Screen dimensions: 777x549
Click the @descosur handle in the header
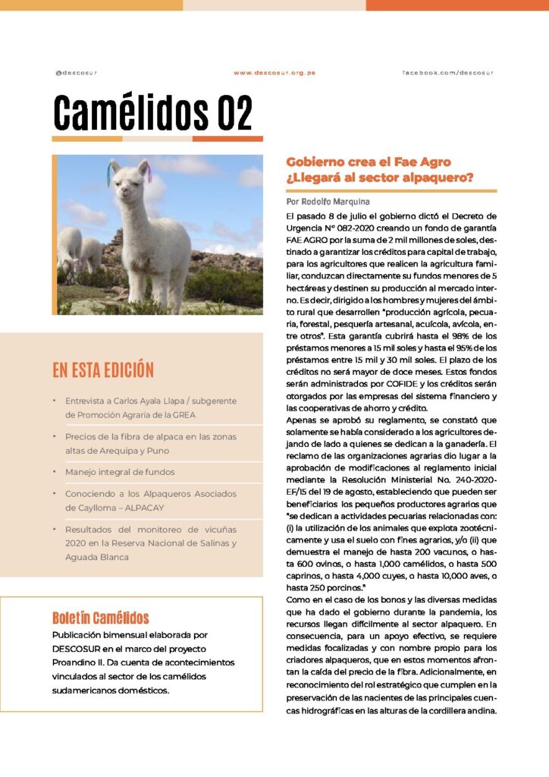76,73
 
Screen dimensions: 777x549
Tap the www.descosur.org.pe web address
274,73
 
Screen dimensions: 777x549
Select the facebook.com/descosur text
447,73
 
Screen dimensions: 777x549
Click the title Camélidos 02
152,113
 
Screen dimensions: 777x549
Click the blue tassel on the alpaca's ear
111,175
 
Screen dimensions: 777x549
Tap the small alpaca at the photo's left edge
70,247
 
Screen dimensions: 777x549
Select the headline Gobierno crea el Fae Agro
369,162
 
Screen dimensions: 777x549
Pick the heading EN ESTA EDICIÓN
103,370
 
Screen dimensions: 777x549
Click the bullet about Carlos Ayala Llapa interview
150,407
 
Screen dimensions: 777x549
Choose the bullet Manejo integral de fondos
120,472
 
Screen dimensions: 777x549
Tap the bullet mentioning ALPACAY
150,500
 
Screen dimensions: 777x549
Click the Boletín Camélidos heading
101,618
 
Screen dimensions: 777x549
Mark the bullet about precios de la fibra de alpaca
150,443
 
